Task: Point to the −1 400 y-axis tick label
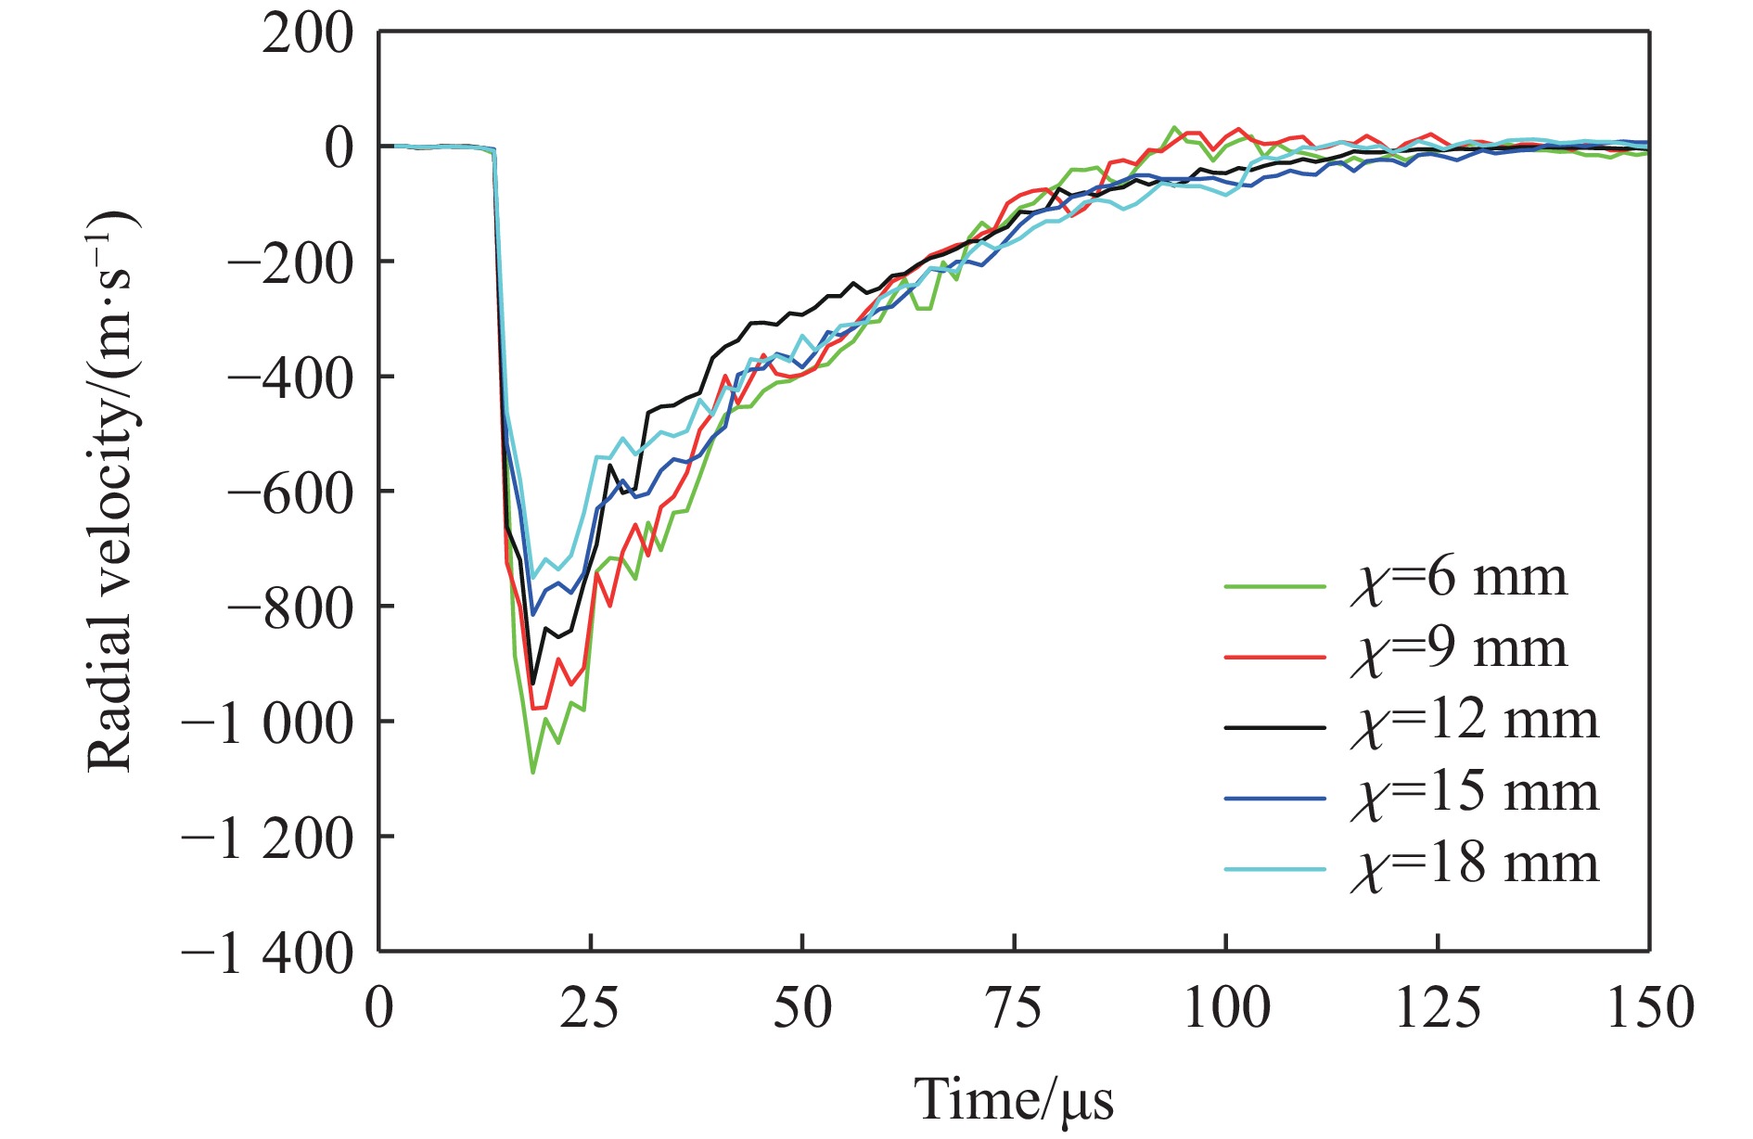(267, 953)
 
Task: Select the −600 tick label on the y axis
(290, 493)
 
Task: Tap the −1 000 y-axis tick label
(267, 723)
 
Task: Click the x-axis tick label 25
(589, 1008)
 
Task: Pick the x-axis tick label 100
(1226, 1008)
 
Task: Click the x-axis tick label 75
(1015, 1008)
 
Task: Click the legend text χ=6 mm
(1458, 580)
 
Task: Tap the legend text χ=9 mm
(1458, 651)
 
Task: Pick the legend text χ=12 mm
(1474, 723)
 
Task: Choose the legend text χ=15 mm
(1474, 794)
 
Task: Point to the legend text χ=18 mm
(1474, 865)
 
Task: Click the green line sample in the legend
(1274, 586)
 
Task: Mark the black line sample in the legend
(1274, 728)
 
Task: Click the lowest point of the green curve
(532, 773)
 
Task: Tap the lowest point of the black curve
(532, 684)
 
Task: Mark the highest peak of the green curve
(1174, 127)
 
